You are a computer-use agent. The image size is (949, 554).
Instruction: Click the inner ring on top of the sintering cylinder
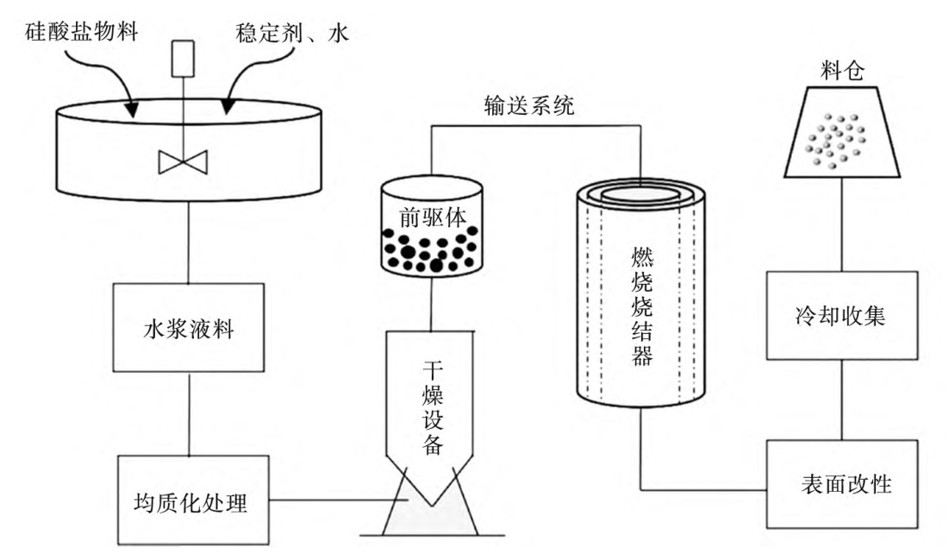[x=639, y=195]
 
